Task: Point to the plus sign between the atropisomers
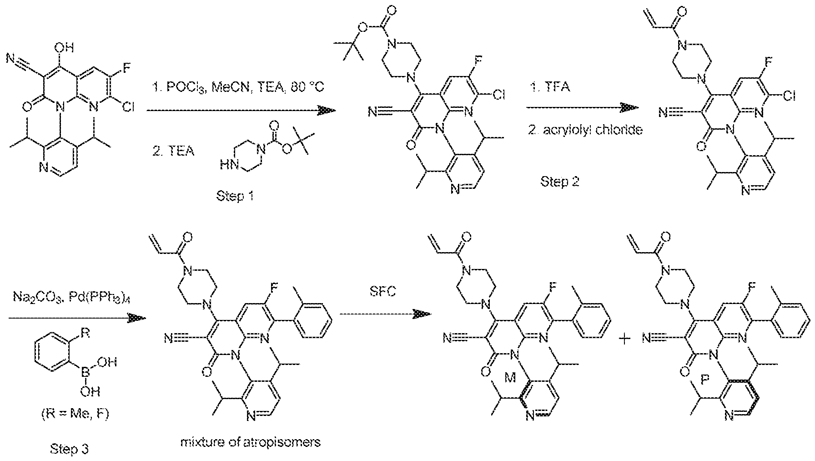(626, 339)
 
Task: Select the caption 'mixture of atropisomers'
(250, 441)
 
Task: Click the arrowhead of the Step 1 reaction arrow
(327, 111)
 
